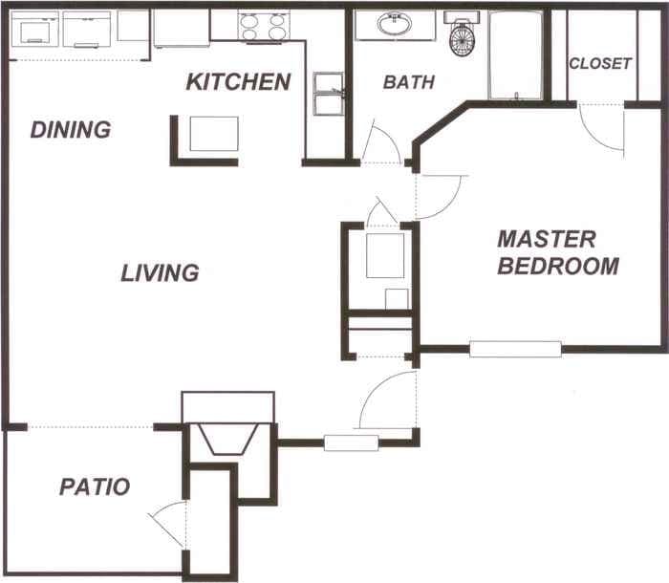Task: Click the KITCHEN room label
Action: [238, 82]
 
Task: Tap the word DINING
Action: [70, 130]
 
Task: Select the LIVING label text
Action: [160, 273]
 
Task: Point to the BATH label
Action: [409, 83]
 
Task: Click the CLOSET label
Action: [600, 64]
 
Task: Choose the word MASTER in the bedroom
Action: [547, 239]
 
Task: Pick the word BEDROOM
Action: [558, 267]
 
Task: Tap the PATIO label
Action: [95, 486]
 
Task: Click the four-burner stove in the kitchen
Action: [263, 26]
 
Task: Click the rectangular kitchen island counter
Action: [213, 134]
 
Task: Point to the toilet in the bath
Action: [461, 37]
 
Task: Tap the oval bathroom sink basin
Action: [394, 25]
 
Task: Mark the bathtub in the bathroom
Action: [516, 54]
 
